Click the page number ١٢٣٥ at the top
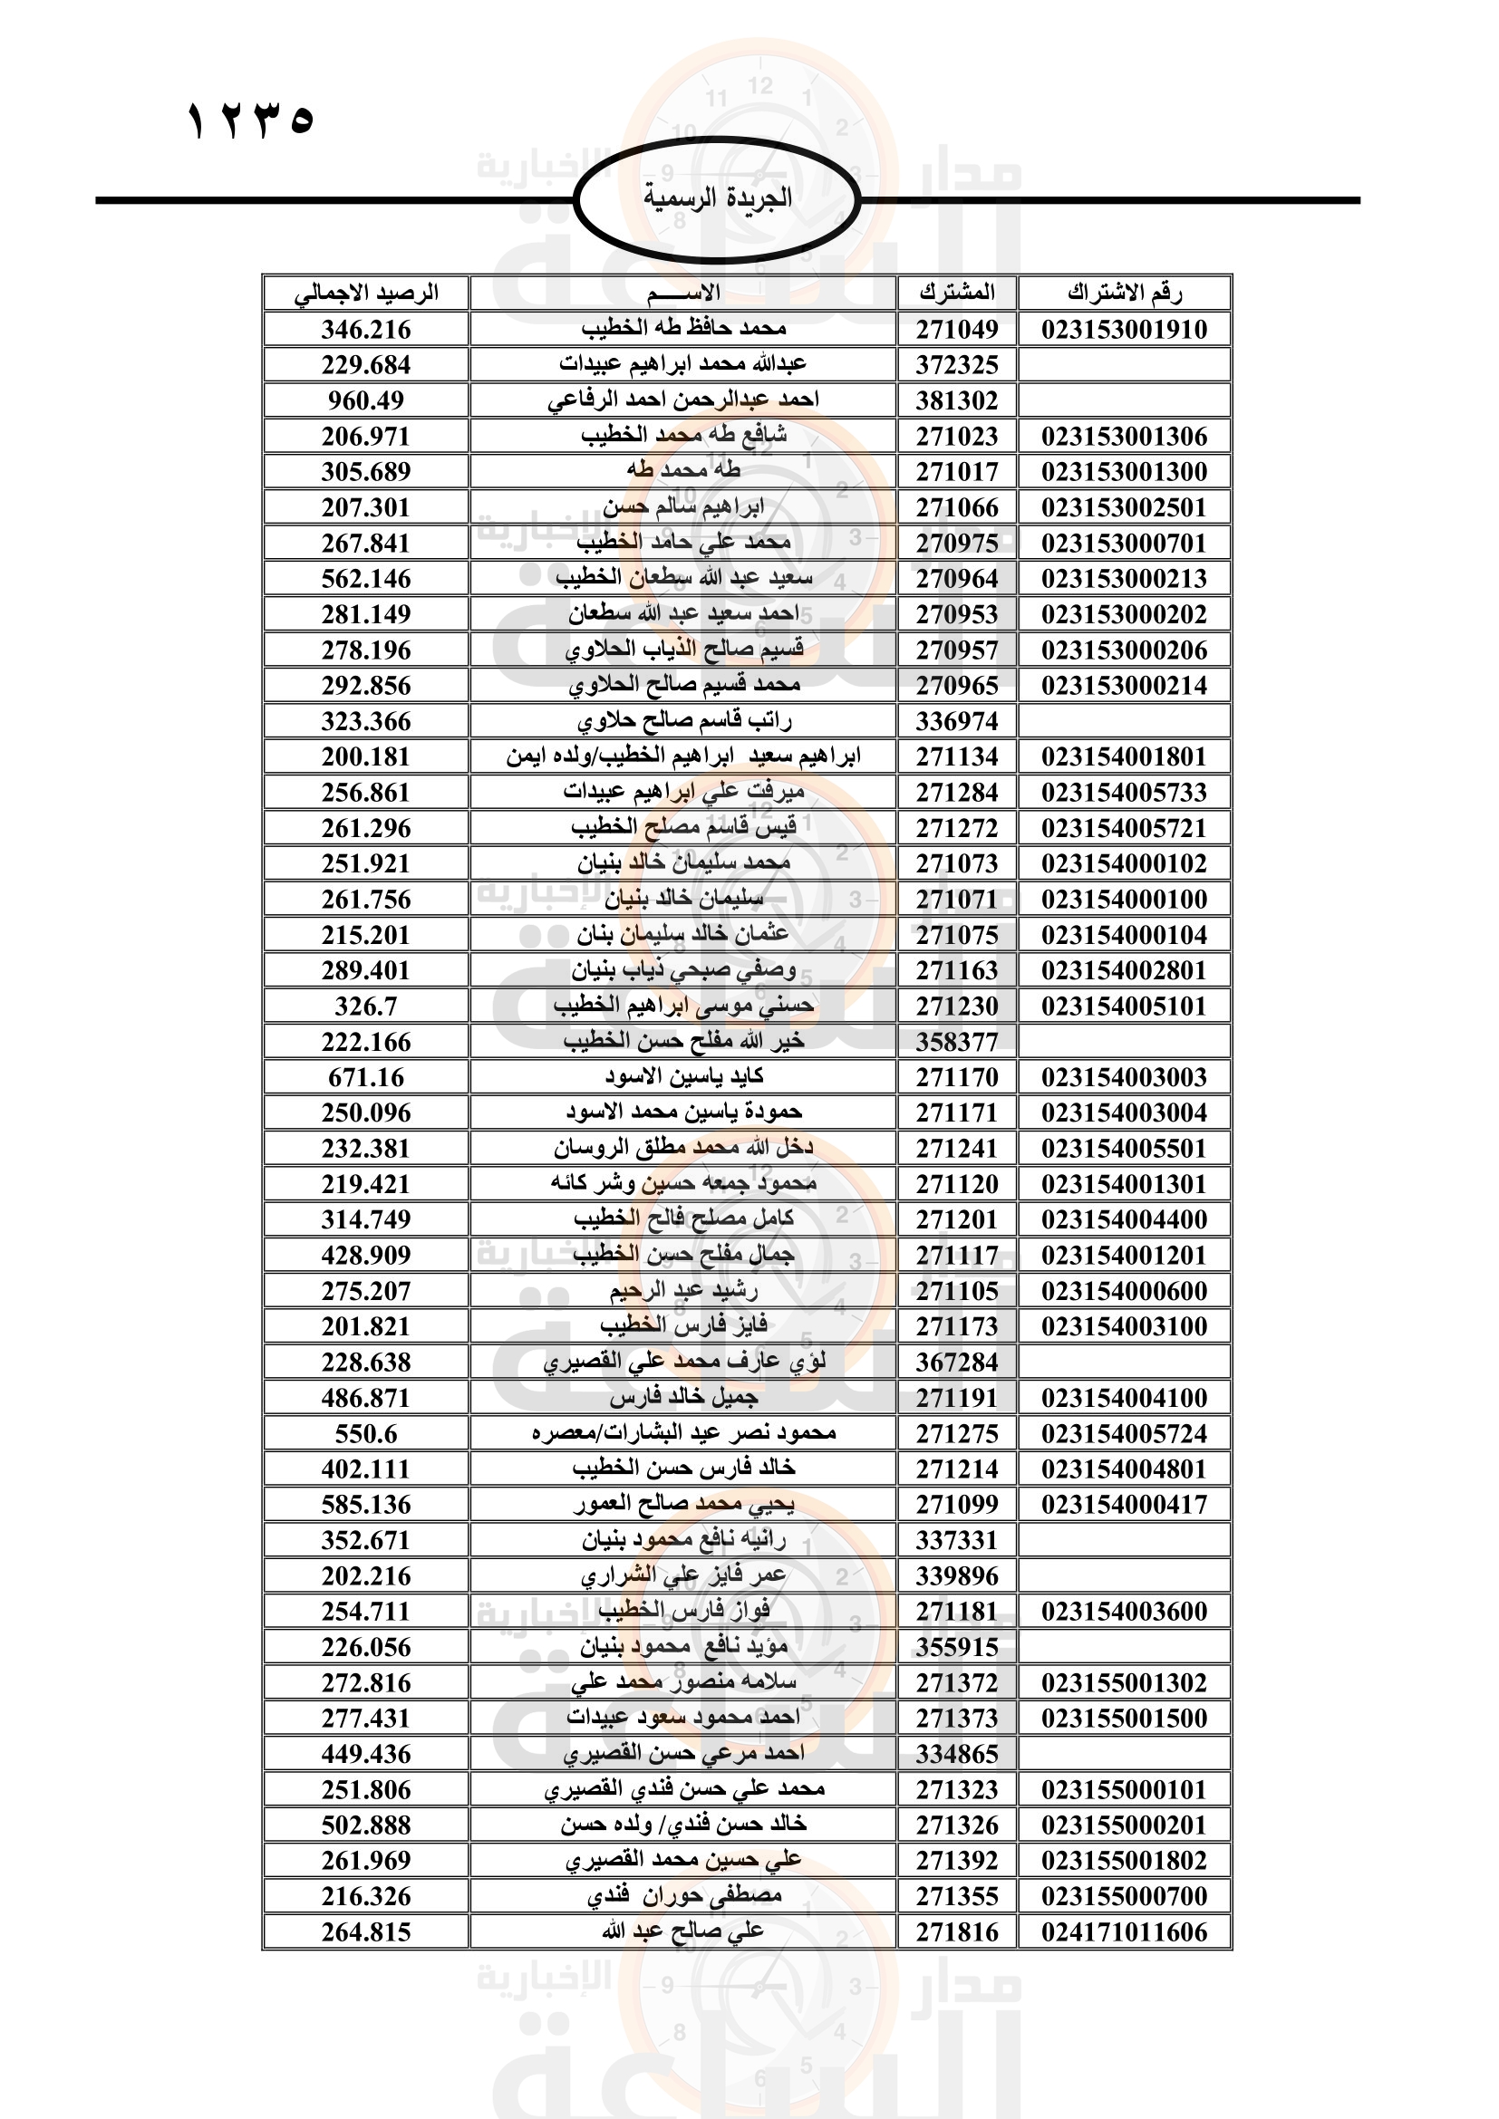[x=250, y=120]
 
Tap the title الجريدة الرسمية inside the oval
[x=717, y=197]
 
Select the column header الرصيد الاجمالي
[x=365, y=294]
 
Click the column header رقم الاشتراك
[x=1123, y=294]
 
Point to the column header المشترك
[x=956, y=294]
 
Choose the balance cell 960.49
[x=365, y=400]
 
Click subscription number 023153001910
[x=1123, y=330]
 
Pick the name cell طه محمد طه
[x=683, y=472]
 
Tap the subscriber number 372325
[x=956, y=365]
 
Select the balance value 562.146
[x=365, y=579]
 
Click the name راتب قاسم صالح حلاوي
[x=683, y=721]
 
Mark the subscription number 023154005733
[x=1123, y=793]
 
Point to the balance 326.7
[x=365, y=1006]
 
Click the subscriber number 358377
[x=956, y=1042]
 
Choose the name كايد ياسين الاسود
[x=683, y=1077]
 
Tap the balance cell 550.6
[x=365, y=1433]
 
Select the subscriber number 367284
[x=956, y=1363]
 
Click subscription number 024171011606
[x=1123, y=1931]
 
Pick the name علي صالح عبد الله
[x=683, y=1931]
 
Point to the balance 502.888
[x=365, y=1825]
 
